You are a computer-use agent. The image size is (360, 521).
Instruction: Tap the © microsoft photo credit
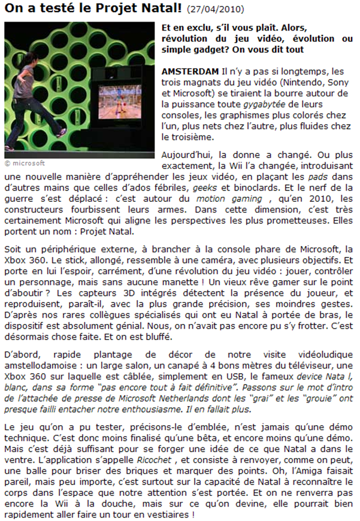coord(25,162)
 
